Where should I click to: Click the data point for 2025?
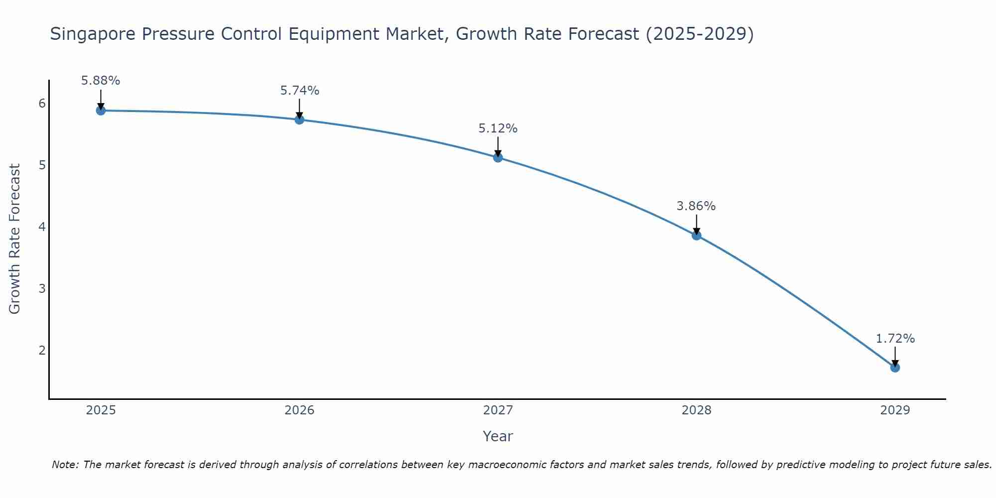(x=101, y=111)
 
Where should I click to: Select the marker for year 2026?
(x=299, y=120)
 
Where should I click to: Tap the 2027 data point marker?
(x=498, y=158)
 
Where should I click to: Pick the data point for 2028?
(x=696, y=236)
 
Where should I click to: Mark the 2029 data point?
(x=895, y=368)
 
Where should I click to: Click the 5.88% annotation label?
(x=101, y=81)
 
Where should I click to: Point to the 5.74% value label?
(x=299, y=91)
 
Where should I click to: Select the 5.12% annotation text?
(x=498, y=128)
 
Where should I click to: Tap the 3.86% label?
(x=696, y=206)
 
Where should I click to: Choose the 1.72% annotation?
(x=895, y=339)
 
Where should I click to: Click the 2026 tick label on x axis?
(x=299, y=410)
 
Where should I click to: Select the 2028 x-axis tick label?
(x=696, y=410)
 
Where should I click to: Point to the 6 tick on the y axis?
(x=42, y=104)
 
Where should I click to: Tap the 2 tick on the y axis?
(x=42, y=351)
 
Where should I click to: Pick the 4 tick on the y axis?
(x=42, y=227)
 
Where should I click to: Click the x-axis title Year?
(x=498, y=436)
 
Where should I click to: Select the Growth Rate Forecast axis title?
(x=15, y=239)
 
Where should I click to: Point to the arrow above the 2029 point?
(x=895, y=356)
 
